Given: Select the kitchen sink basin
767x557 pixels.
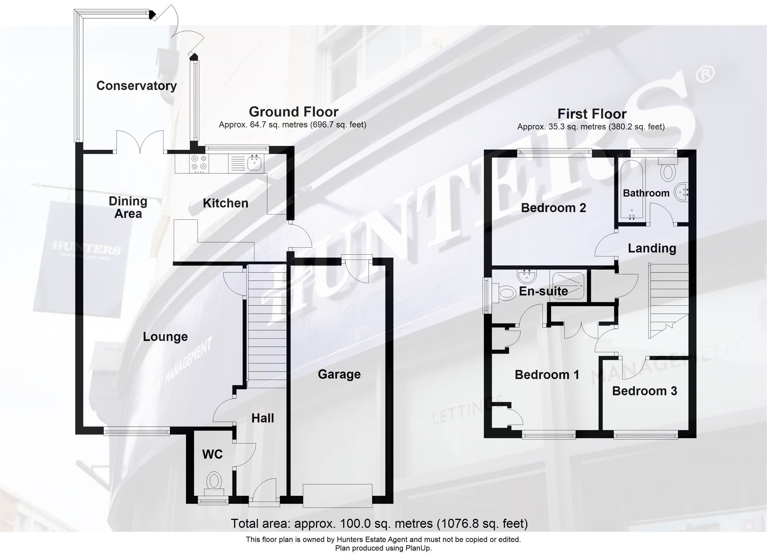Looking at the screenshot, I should point(254,163).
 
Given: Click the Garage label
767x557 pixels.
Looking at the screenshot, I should point(339,374).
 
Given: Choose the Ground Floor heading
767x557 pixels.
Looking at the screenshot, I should point(293,112).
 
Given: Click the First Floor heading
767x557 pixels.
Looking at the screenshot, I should point(592,114).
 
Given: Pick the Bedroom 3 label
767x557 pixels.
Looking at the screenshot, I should point(644,391).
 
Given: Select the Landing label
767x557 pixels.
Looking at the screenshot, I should point(652,248).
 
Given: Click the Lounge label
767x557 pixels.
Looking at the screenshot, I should point(165,337).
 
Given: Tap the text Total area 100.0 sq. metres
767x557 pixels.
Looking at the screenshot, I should point(379,523).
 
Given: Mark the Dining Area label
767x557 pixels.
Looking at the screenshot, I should point(128,207).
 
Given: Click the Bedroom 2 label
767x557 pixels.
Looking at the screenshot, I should point(553,208).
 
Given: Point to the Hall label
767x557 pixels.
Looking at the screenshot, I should point(262,418).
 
